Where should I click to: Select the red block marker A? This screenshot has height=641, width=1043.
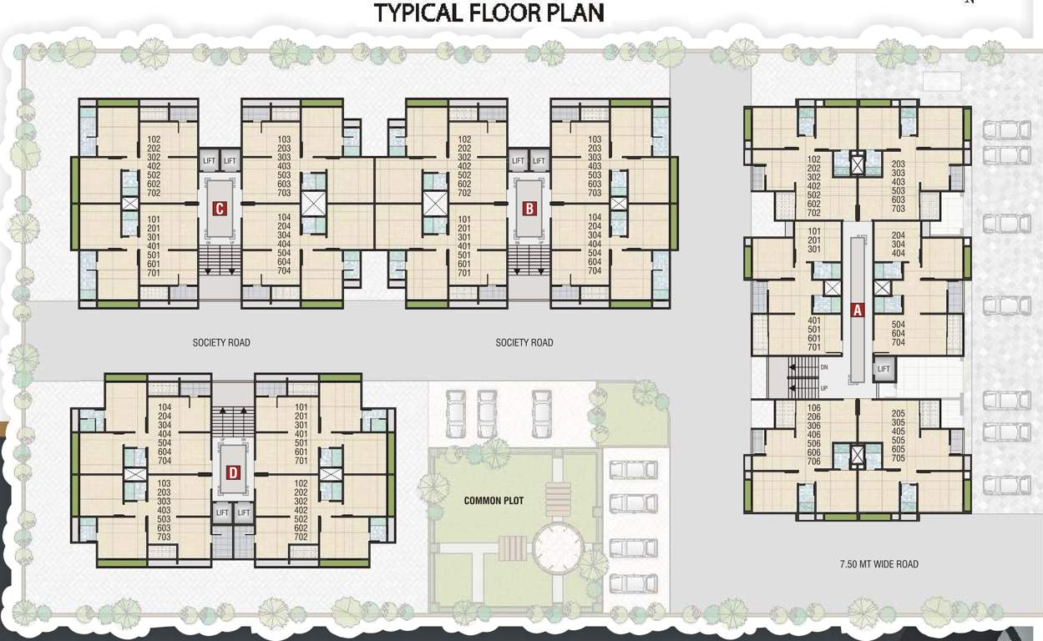click(856, 310)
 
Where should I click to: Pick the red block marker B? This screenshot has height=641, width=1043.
click(529, 209)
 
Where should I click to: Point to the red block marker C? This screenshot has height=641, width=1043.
click(220, 209)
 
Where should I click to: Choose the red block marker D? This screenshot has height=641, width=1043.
click(233, 473)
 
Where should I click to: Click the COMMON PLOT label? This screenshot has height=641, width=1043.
click(494, 501)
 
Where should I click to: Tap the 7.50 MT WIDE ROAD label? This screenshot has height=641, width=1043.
click(878, 564)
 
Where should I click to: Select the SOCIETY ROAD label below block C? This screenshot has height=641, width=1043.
click(221, 342)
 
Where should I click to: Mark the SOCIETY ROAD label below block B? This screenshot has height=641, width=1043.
click(524, 342)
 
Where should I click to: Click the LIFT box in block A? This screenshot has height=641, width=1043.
click(884, 369)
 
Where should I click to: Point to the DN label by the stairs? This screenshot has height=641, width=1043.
click(824, 367)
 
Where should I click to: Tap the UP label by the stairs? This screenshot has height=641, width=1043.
click(824, 388)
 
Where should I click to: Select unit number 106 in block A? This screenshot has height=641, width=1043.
click(814, 408)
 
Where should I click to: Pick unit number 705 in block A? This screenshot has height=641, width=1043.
click(899, 458)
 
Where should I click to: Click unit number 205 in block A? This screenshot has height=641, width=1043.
click(899, 413)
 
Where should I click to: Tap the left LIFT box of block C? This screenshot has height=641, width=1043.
click(209, 161)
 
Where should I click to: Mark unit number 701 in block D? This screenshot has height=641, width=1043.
click(301, 461)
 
